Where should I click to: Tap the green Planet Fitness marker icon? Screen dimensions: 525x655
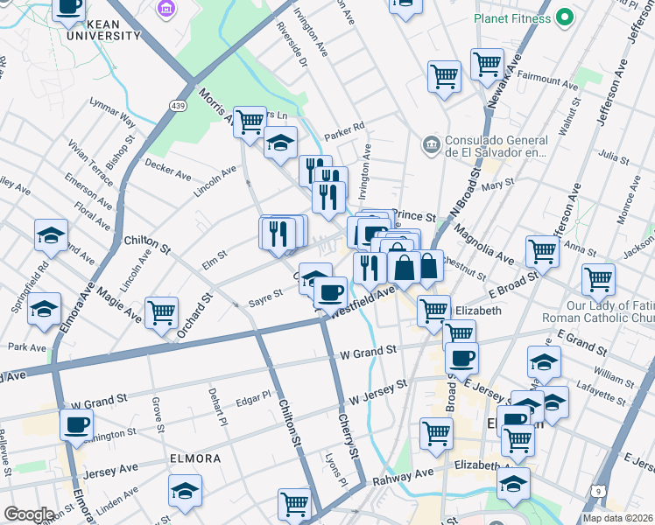pyautogui.click(x=565, y=17)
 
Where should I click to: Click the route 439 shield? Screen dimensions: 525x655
pyautogui.click(x=178, y=106)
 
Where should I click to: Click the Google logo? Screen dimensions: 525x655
pyautogui.click(x=29, y=514)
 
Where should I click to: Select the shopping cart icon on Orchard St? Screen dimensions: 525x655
pyautogui.click(x=162, y=312)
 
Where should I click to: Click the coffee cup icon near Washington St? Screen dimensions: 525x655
pyautogui.click(x=77, y=425)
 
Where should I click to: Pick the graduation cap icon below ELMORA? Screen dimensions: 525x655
pyautogui.click(x=185, y=490)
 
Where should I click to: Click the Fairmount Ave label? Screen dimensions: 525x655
pyautogui.click(x=547, y=80)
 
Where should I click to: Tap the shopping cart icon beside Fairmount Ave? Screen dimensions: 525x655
pyautogui.click(x=488, y=64)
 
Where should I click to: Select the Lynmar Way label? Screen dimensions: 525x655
pyautogui.click(x=113, y=113)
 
